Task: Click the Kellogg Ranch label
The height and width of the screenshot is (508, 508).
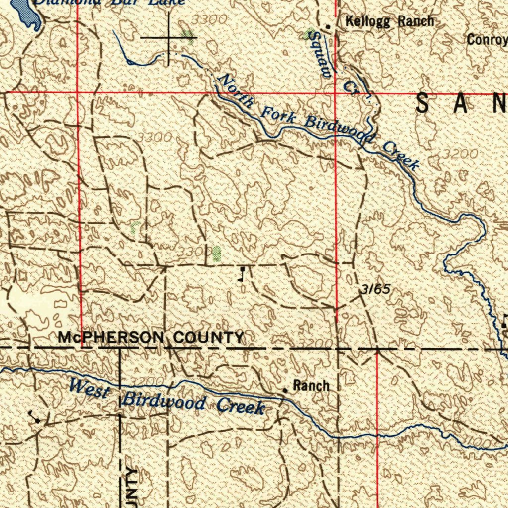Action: click(x=389, y=21)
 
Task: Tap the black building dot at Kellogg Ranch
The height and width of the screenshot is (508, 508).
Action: click(x=328, y=26)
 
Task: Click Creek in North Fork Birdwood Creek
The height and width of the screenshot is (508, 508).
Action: click(x=400, y=155)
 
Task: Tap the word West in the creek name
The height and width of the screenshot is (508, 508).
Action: click(x=89, y=387)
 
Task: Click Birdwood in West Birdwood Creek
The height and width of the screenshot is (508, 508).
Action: click(x=163, y=401)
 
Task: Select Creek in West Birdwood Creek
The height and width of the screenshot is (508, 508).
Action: click(x=241, y=407)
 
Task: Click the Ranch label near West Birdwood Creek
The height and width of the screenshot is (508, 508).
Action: click(x=311, y=385)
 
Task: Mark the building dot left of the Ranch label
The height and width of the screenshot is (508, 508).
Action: click(x=285, y=391)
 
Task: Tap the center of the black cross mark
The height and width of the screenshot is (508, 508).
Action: click(x=169, y=37)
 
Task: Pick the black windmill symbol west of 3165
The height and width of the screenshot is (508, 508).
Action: click(x=242, y=273)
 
